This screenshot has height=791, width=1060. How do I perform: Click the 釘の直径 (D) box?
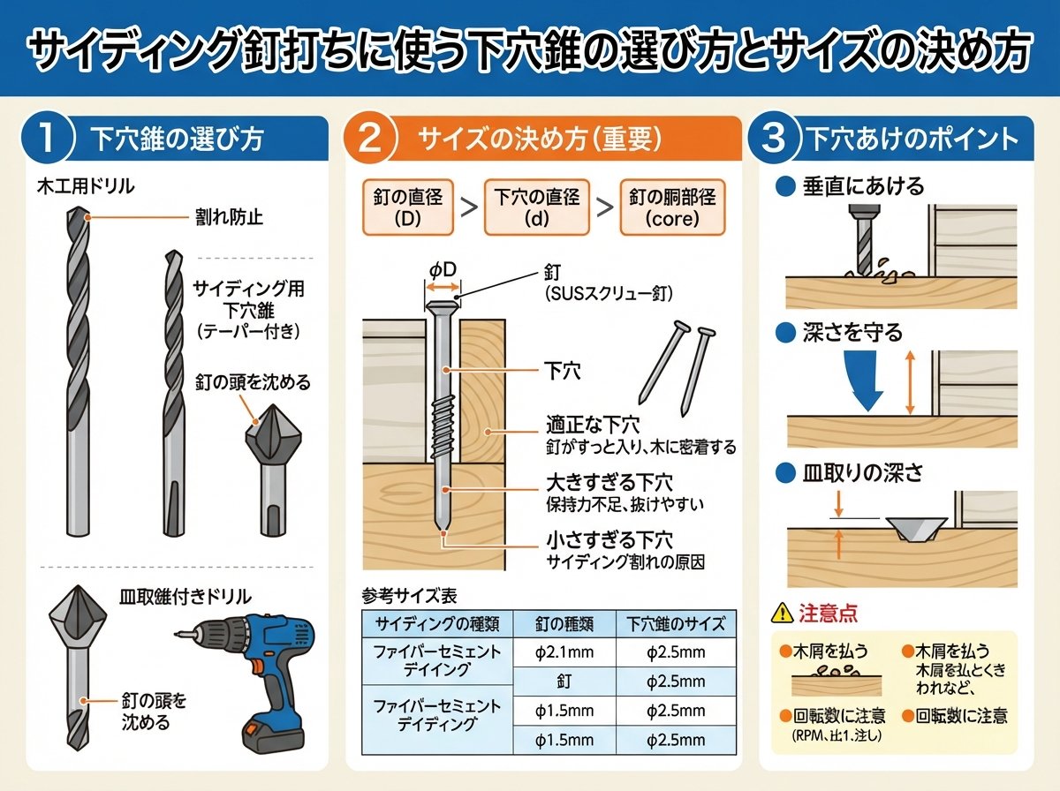[408, 207]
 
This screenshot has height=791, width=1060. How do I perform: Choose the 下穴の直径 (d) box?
[536, 207]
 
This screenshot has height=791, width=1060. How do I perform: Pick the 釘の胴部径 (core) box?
[672, 207]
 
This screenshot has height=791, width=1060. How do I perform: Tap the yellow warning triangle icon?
[782, 613]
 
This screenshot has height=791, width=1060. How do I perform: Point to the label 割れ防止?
[230, 217]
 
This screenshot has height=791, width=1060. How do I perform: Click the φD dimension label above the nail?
[443, 270]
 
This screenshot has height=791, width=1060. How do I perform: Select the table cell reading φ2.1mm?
[564, 652]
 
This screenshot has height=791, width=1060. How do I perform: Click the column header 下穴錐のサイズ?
[676, 624]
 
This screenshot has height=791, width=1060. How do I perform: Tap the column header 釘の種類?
[564, 624]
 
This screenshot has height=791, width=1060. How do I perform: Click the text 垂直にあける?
[863, 186]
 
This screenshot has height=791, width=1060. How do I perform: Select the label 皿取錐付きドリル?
[185, 597]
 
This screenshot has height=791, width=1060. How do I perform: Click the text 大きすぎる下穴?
[609, 483]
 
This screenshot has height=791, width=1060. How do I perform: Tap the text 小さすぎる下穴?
[609, 540]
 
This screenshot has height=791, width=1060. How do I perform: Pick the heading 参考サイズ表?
[410, 596]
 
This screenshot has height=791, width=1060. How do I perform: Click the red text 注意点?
[828, 613]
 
